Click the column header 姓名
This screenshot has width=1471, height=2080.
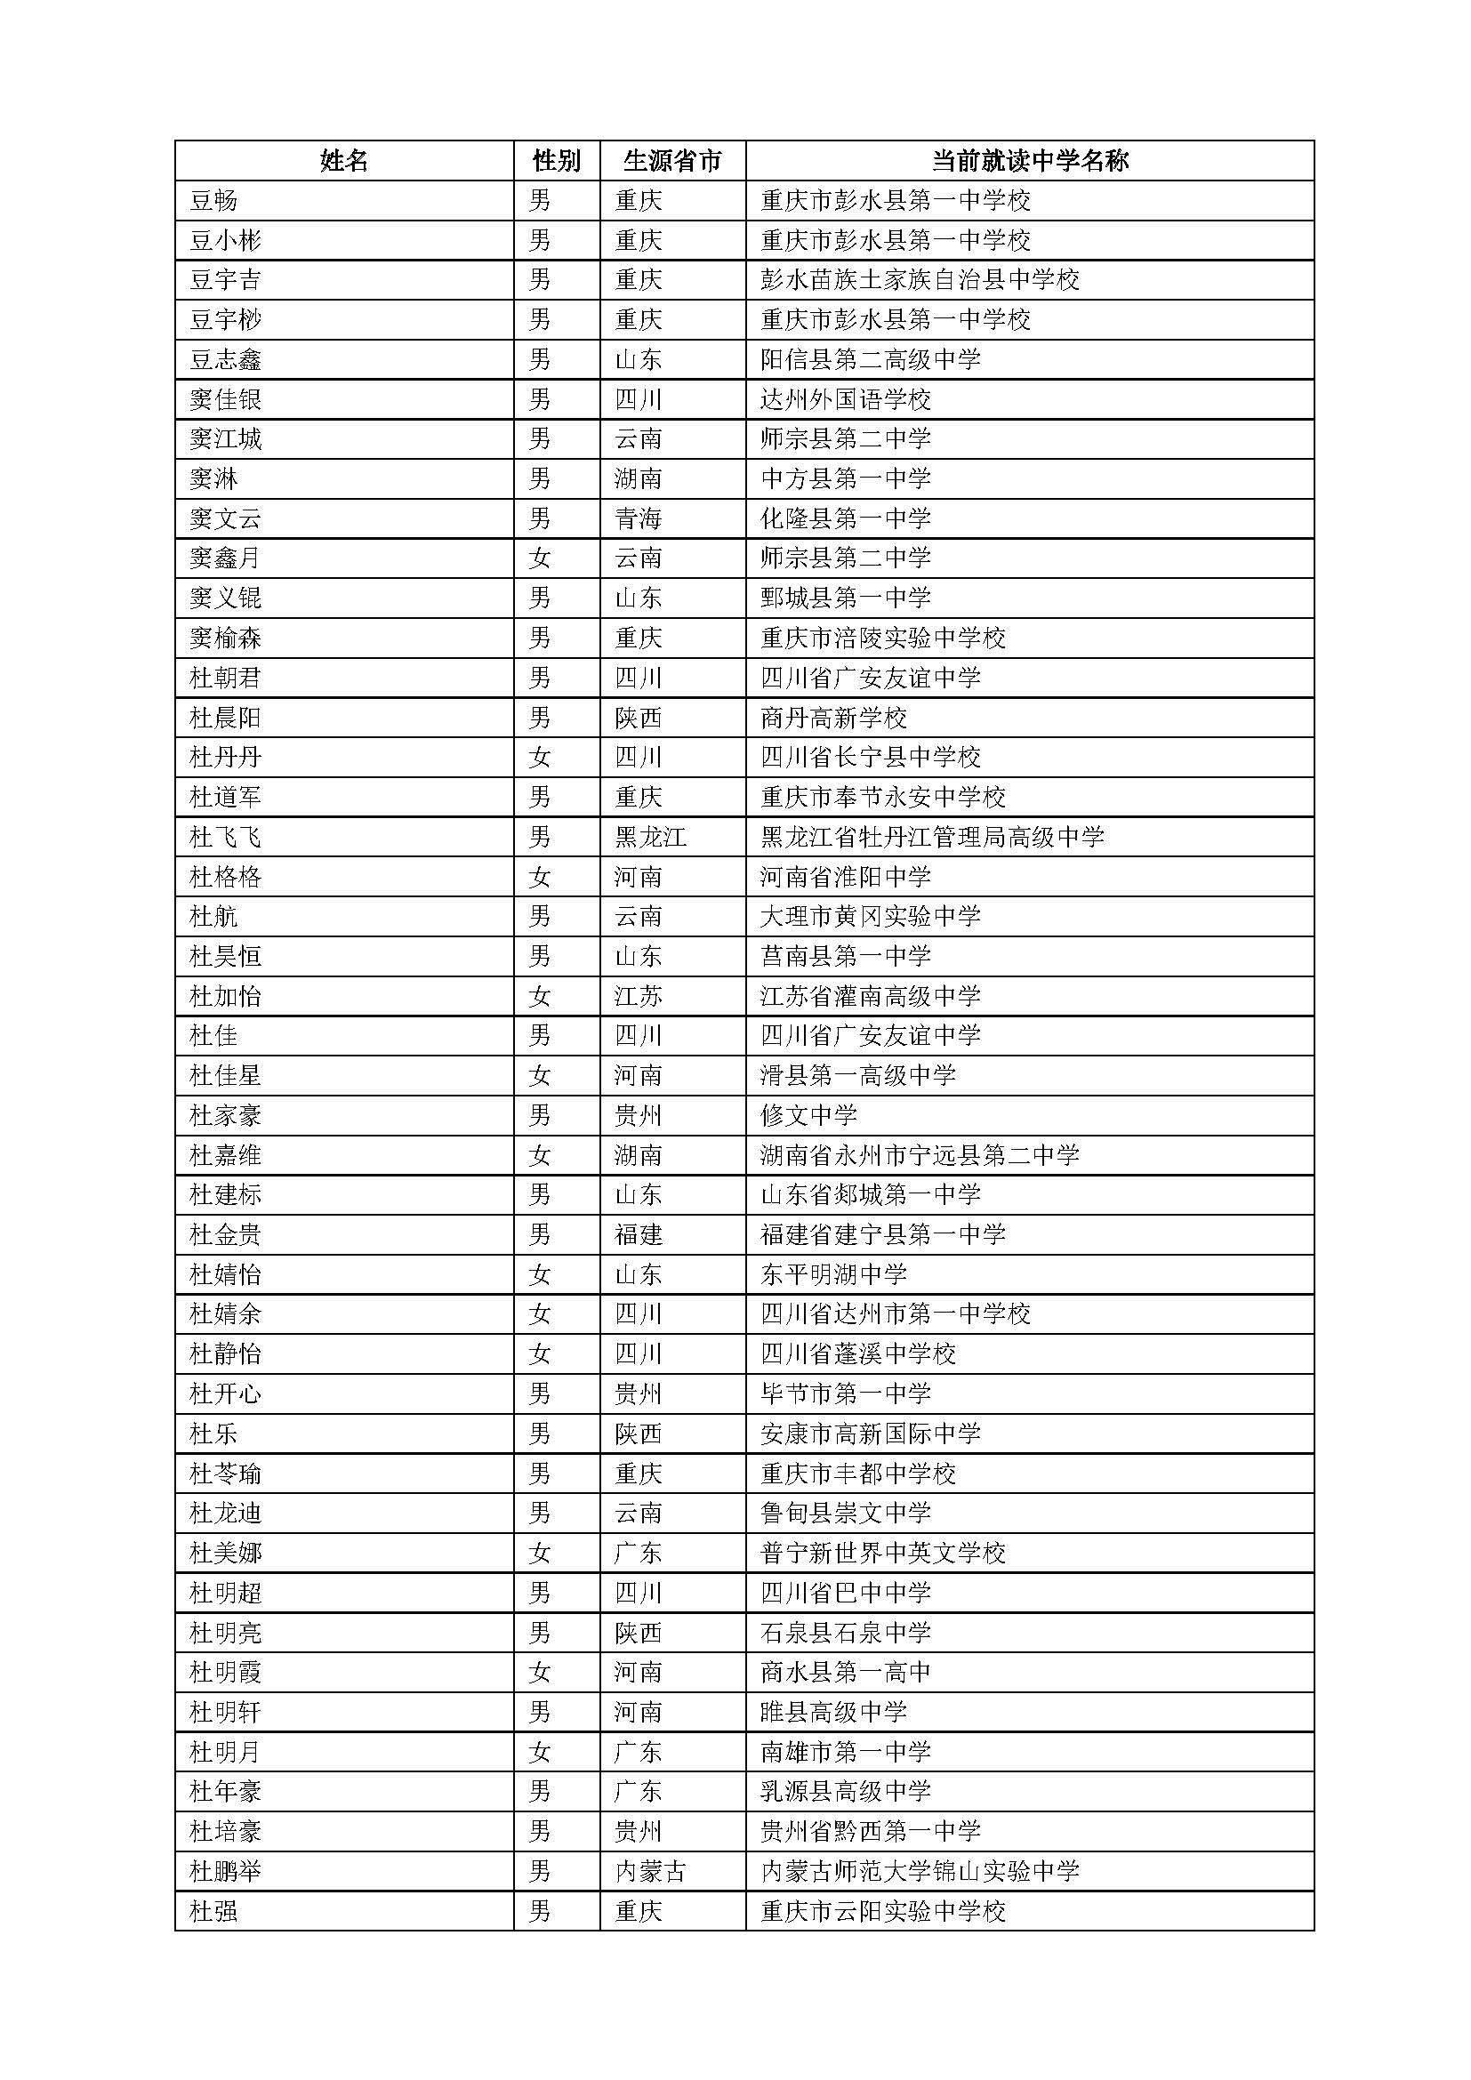(344, 160)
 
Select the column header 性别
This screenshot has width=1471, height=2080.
(556, 160)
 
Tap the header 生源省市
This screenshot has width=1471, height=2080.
(672, 160)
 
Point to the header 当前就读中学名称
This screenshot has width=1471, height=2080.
(1030, 160)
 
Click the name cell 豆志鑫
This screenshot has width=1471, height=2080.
(226, 359)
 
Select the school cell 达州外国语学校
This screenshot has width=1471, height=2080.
(846, 399)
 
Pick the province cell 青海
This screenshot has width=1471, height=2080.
(639, 518)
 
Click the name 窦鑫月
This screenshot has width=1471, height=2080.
(226, 558)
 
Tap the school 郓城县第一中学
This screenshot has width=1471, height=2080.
(846, 598)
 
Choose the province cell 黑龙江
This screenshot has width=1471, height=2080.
(650, 837)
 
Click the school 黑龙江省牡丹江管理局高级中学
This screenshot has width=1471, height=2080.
(932, 837)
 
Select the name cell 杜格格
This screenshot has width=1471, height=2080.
(226, 877)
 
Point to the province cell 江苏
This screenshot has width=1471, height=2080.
(639, 997)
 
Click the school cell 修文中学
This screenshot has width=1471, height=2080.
(808, 1115)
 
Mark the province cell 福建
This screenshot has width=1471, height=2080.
(639, 1235)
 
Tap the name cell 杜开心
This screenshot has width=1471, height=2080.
(226, 1394)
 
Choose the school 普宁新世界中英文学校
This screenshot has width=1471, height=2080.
(883, 1554)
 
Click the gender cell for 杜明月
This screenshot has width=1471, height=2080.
(540, 1752)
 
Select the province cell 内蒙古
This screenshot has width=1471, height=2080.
(650, 1872)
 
